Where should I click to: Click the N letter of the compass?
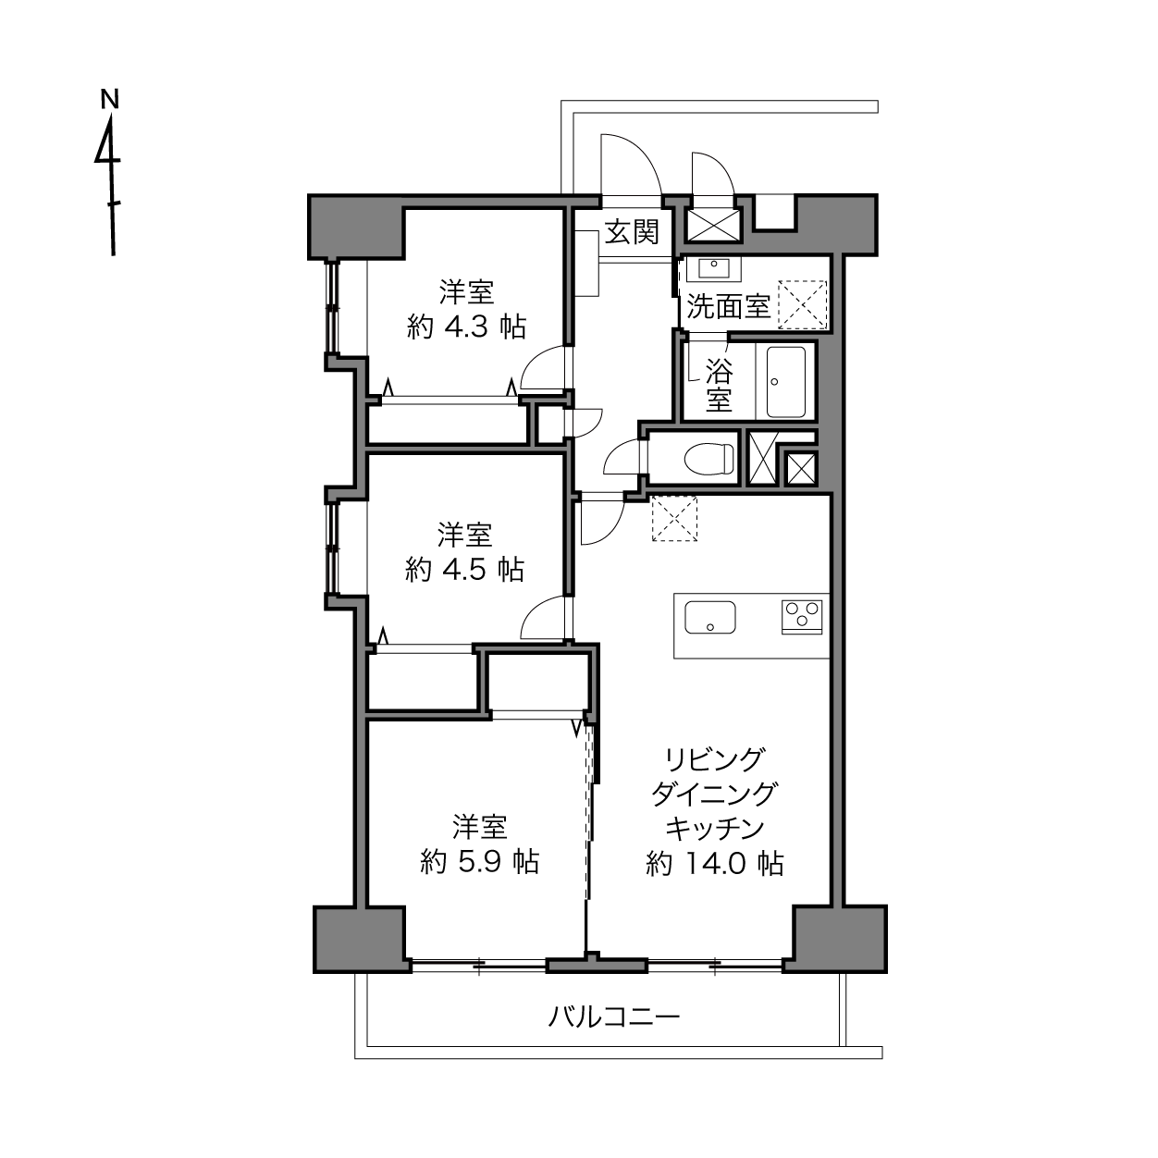pos(110,99)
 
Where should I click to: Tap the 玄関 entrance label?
pos(632,232)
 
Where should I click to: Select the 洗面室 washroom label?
pos(728,306)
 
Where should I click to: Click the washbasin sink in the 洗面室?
pos(713,268)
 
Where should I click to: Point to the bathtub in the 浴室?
pos(785,382)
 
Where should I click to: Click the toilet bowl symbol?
pos(709,459)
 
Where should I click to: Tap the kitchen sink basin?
pos(710,617)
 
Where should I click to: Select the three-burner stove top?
pos(802,617)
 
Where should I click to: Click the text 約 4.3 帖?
pos(466,327)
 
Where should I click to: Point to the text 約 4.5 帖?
pos(464,569)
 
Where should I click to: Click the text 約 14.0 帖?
pos(715,864)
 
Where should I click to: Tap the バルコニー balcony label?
pos(613,1017)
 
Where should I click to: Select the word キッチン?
pos(715,830)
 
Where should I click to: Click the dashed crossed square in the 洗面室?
pos(803,304)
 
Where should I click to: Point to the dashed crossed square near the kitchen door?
pos(674,519)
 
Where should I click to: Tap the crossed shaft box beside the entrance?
pos(713,224)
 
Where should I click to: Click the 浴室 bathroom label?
pos(719,385)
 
